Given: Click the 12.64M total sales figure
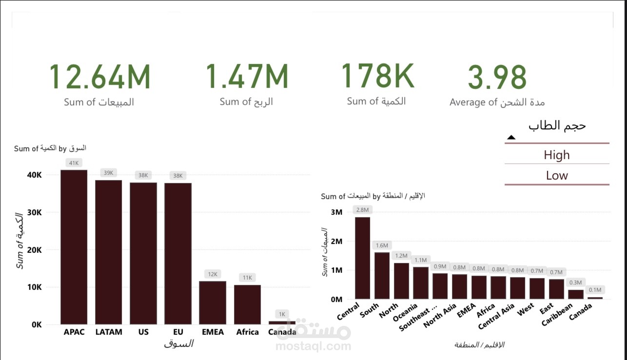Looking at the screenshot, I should (99, 77).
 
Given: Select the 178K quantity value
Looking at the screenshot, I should (377, 76).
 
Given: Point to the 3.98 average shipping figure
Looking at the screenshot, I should (497, 77).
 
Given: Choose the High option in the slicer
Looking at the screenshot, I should (557, 155).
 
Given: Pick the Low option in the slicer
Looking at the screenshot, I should (557, 176).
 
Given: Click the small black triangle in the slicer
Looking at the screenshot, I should (511, 138).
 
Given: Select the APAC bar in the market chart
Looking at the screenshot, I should (74, 247).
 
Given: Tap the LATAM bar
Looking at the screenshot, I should (108, 252).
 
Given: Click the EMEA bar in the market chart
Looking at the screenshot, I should (213, 302).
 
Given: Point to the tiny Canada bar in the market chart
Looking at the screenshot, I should (282, 322).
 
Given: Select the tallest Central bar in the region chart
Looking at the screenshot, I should (362, 258).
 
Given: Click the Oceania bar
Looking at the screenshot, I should (420, 283).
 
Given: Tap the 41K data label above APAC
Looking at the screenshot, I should (74, 163).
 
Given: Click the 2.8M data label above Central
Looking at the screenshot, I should (362, 210).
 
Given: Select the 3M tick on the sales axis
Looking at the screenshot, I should (336, 212).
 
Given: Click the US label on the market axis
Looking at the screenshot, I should (143, 332).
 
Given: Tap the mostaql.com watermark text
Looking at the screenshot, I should (313, 346).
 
